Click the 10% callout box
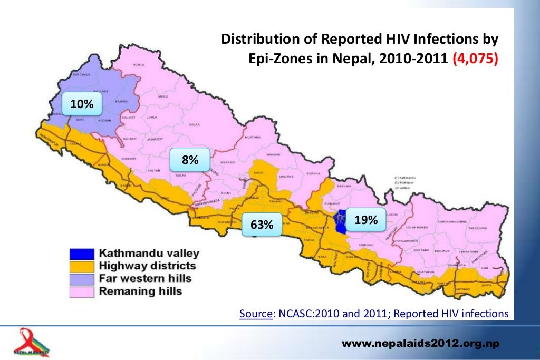tap(82, 105)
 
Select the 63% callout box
tap(262, 225)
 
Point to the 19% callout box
tap(365, 220)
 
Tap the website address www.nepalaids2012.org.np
tap(421, 344)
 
